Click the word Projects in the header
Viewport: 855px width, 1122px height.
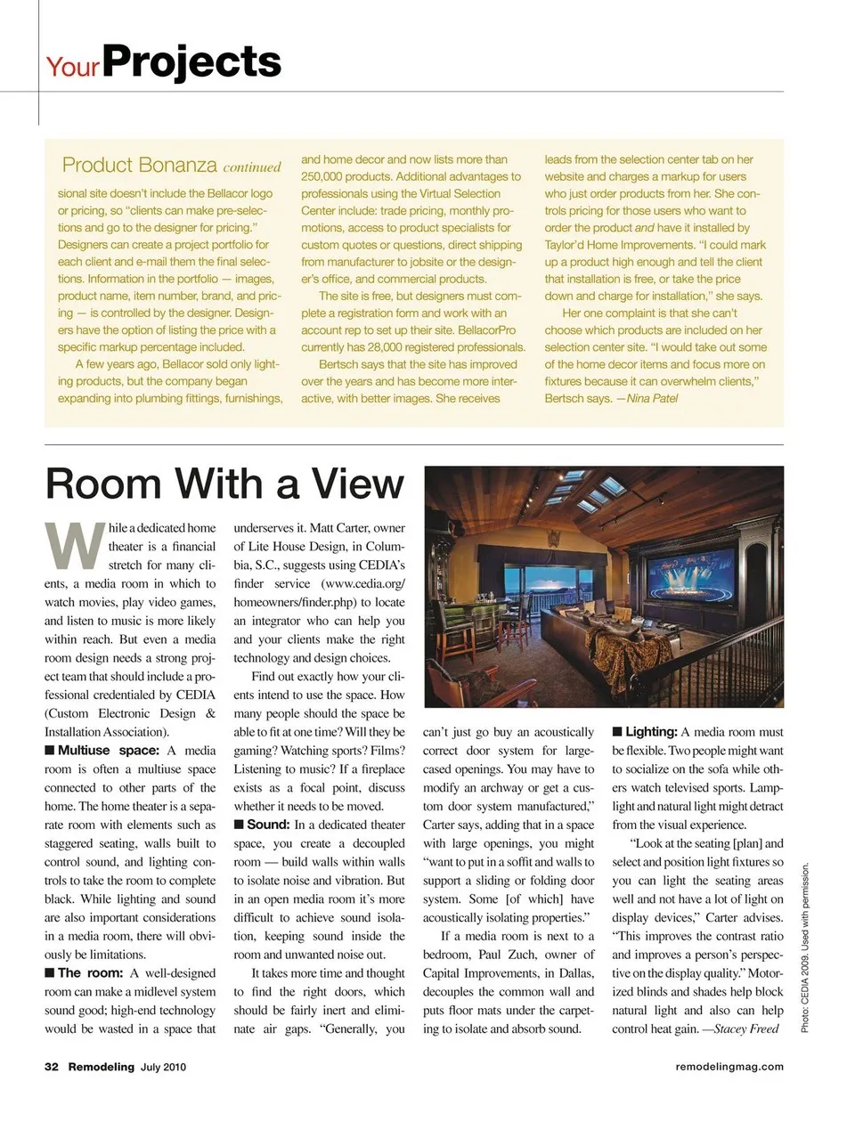191,61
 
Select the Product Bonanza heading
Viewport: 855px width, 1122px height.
140,165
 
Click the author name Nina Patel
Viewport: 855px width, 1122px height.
652,398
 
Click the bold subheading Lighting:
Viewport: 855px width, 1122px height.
651,731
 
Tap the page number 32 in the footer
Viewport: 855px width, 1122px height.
52,1067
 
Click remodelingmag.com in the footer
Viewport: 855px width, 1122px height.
729,1067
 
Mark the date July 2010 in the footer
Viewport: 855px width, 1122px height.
164,1067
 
